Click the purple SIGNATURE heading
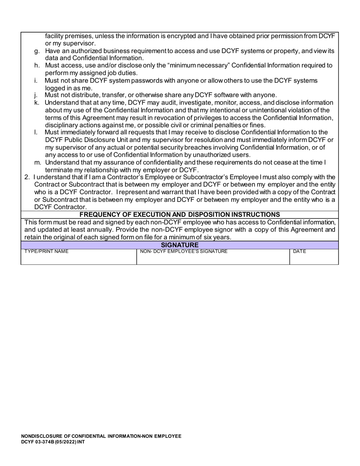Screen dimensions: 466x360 pyautogui.click(x=180, y=245)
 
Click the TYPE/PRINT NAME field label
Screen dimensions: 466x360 pyautogui.click(x=47, y=252)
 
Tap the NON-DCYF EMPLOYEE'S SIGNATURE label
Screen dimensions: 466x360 pyautogui.click(x=184, y=252)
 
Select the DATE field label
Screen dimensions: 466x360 pyautogui.click(x=299, y=252)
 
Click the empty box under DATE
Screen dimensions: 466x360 pyautogui.click(x=314, y=259)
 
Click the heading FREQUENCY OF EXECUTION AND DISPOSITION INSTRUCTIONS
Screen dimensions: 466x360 pyautogui.click(x=180, y=214)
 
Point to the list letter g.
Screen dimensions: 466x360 pyautogui.click(x=37, y=51)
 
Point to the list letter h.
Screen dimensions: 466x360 pyautogui.click(x=37, y=66)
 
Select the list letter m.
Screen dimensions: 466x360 pyautogui.click(x=38, y=163)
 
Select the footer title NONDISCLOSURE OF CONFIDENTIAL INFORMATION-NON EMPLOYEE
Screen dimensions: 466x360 pyautogui.click(x=101, y=436)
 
